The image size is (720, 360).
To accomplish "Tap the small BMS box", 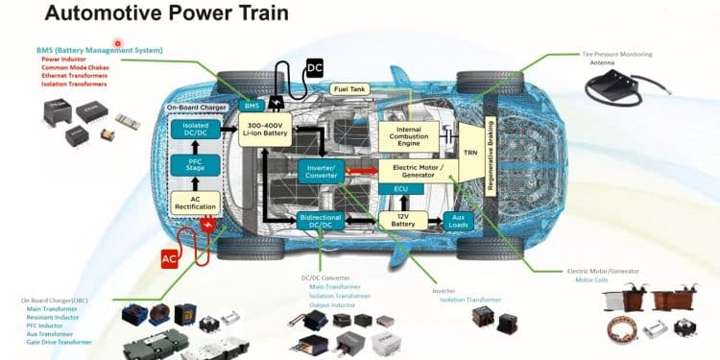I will (252, 105).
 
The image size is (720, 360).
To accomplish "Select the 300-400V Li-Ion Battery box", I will (264, 130).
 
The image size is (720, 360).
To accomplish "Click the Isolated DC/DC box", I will (195, 130).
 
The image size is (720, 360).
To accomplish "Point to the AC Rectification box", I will (195, 203).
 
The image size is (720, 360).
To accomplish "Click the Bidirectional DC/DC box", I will (321, 222).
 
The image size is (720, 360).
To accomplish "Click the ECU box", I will (402, 190).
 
